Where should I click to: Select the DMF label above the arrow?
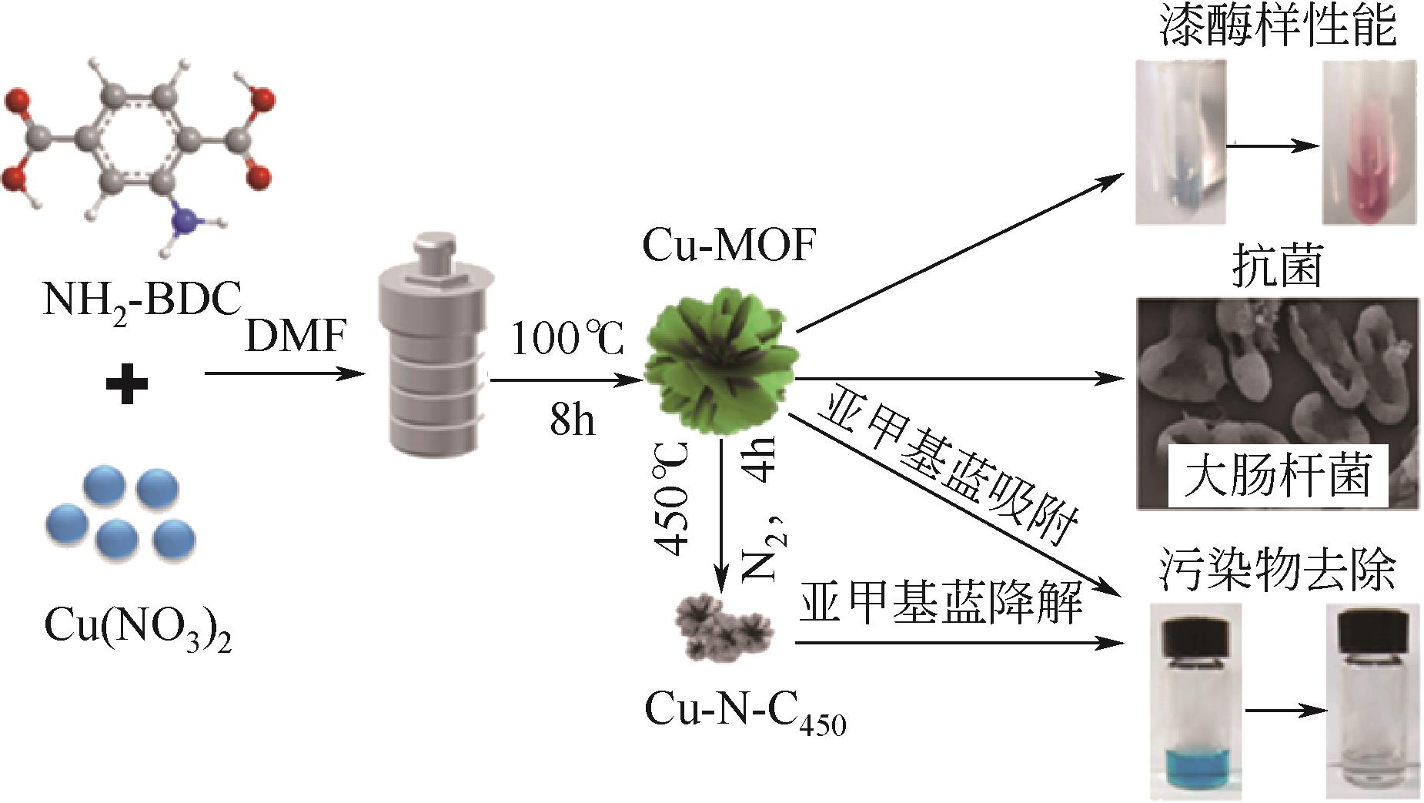coord(295,336)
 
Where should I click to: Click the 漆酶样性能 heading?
coord(1276,29)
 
